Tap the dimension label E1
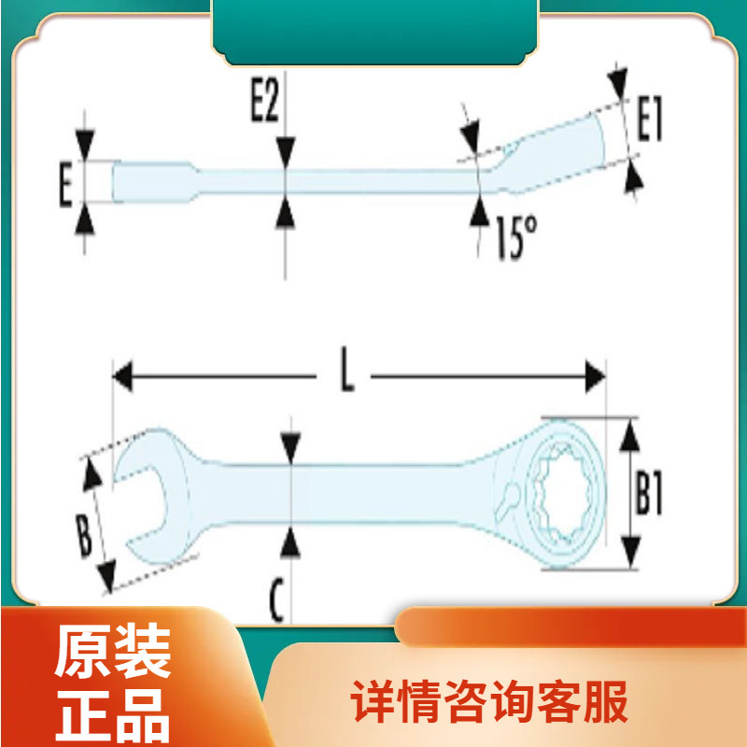pos(649,120)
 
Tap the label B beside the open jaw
pos(85,537)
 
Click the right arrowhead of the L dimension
pos(595,376)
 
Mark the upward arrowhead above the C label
pos(291,540)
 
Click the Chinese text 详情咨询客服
pos(489,701)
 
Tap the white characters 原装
pos(112,652)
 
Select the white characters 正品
pos(112,714)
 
